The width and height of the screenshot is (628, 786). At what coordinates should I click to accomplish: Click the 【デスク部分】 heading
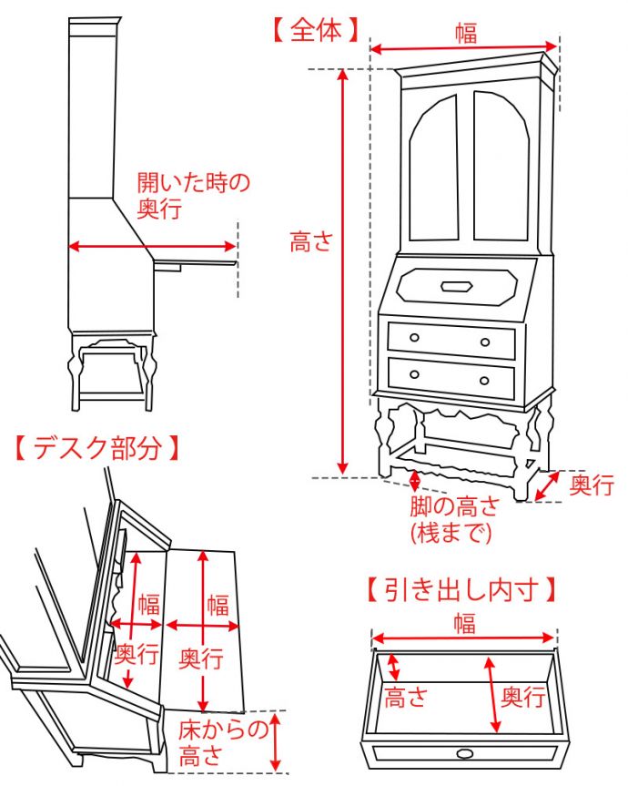(95, 447)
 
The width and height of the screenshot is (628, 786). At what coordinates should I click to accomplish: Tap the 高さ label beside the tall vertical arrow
(312, 242)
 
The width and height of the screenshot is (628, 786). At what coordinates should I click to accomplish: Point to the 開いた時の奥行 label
(192, 194)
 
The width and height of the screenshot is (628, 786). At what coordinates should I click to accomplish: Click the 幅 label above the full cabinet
(465, 32)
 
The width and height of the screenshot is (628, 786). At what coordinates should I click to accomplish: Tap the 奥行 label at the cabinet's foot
(592, 485)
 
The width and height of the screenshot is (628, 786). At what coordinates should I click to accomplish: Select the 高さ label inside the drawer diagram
(405, 698)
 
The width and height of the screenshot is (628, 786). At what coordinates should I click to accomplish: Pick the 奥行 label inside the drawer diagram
(523, 698)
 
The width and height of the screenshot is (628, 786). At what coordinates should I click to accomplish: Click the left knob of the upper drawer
(414, 338)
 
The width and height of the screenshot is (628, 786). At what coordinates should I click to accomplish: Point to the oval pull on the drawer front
(465, 753)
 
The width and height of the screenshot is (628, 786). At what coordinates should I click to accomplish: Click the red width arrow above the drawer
(463, 638)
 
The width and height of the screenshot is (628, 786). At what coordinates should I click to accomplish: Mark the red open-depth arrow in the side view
(152, 246)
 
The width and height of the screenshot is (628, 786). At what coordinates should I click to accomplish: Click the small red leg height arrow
(416, 481)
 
